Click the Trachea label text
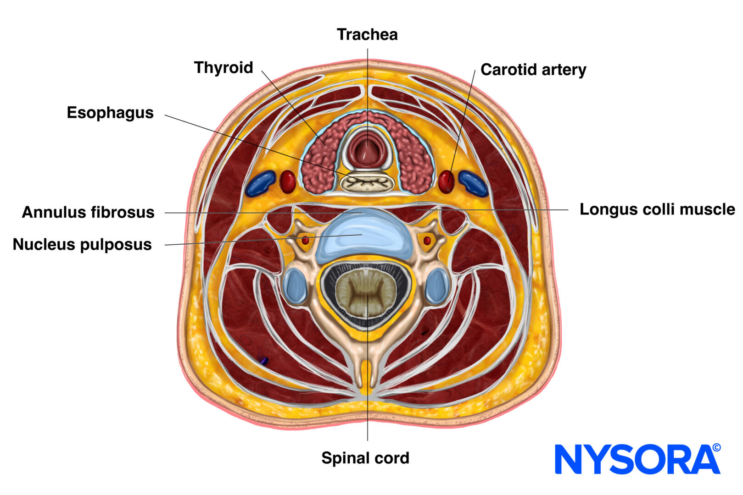(367, 34)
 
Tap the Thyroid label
(223, 67)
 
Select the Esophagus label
(110, 113)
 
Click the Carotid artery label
(533, 70)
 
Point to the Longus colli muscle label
(657, 209)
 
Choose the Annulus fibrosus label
(88, 212)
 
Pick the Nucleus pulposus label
(82, 244)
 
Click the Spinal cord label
(365, 457)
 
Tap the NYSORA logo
(637, 459)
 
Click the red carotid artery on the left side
(288, 181)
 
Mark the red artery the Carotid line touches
(446, 181)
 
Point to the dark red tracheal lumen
(367, 151)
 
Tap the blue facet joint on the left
(295, 286)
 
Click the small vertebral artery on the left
(305, 240)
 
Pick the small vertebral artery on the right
(427, 240)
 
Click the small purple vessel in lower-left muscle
(264, 361)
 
